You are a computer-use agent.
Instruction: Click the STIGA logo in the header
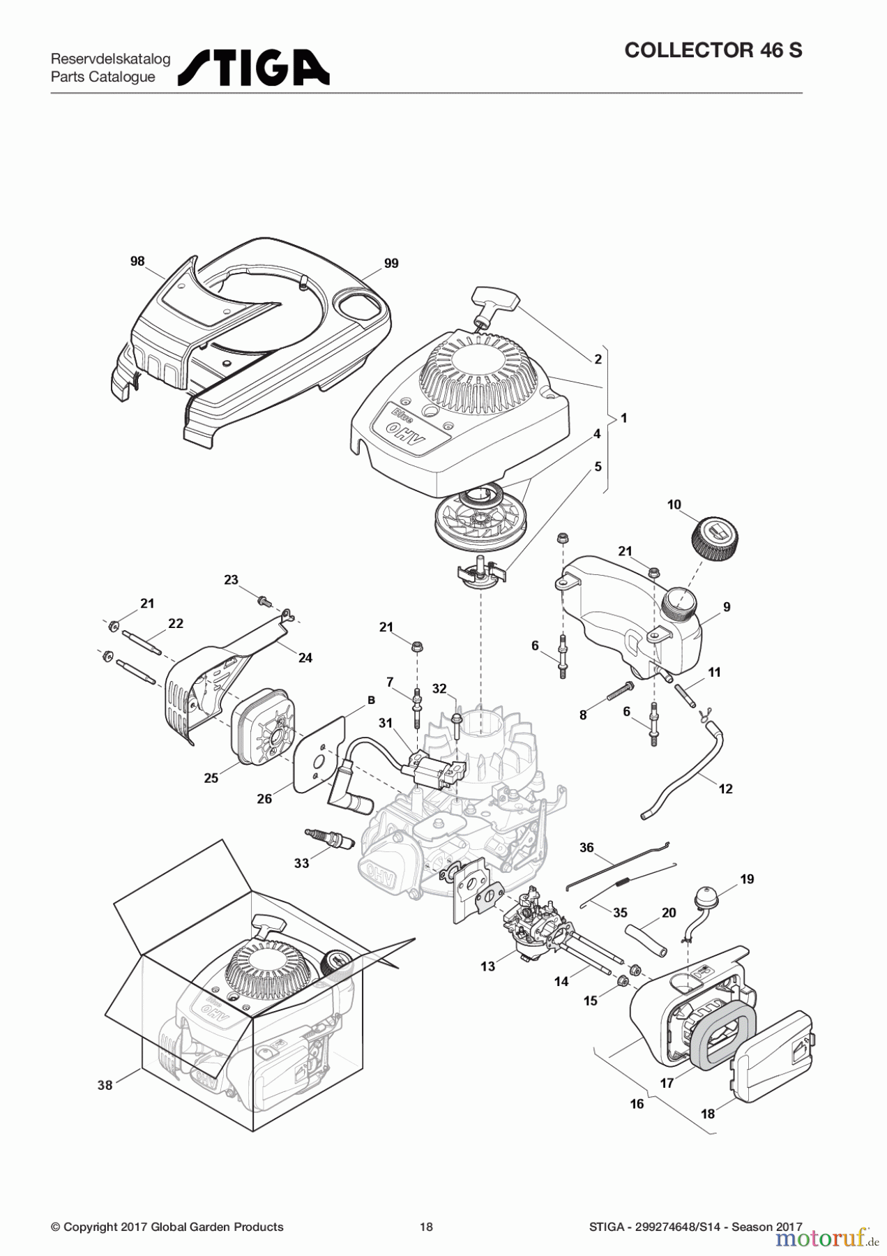pos(254,68)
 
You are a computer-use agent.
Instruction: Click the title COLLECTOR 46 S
pos(713,50)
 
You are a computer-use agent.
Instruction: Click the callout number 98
pos(137,261)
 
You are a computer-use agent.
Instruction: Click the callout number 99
pos(391,263)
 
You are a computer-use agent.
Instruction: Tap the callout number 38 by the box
pos(105,1085)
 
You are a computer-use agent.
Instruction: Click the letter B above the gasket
pos(371,700)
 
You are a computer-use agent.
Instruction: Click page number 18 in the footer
pos(426,1227)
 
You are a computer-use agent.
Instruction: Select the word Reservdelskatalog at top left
pos(110,59)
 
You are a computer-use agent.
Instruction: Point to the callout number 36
pos(586,847)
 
